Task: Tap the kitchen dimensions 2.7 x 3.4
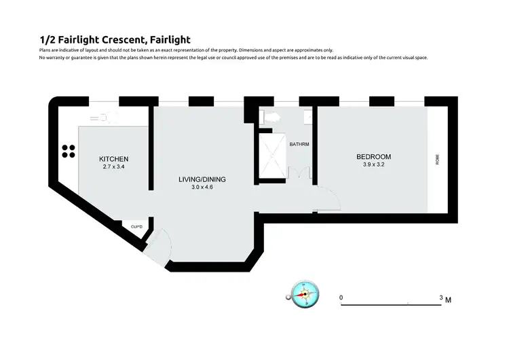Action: tap(113, 166)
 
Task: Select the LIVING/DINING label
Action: tap(202, 179)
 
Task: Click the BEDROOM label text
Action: tap(373, 157)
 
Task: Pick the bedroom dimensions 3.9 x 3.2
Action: tap(373, 165)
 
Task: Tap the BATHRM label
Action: tap(299, 145)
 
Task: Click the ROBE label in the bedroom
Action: tap(438, 160)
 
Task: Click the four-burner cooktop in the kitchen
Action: tap(69, 151)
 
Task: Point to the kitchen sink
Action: tap(105, 116)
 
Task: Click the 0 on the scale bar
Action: tap(342, 298)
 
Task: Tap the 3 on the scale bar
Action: tap(441, 298)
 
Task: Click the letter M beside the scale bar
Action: tap(449, 298)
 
